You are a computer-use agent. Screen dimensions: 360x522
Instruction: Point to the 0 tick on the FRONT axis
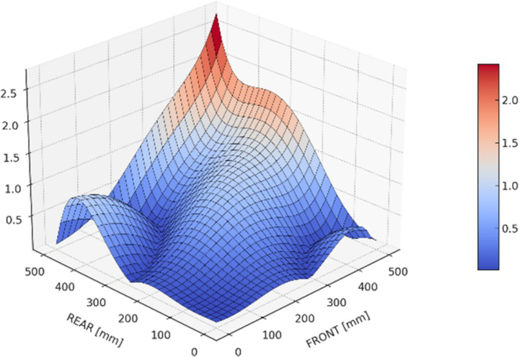point(239,351)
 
